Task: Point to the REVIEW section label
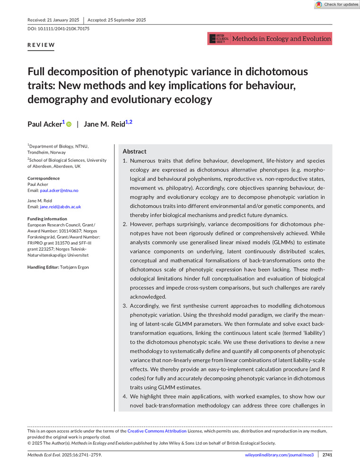click(41, 45)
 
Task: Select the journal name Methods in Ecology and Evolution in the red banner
click(281, 39)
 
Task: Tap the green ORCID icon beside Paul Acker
click(69, 124)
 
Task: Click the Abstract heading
click(135, 151)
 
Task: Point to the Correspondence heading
click(44, 178)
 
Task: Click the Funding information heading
click(47, 219)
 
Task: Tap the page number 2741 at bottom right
click(327, 455)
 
